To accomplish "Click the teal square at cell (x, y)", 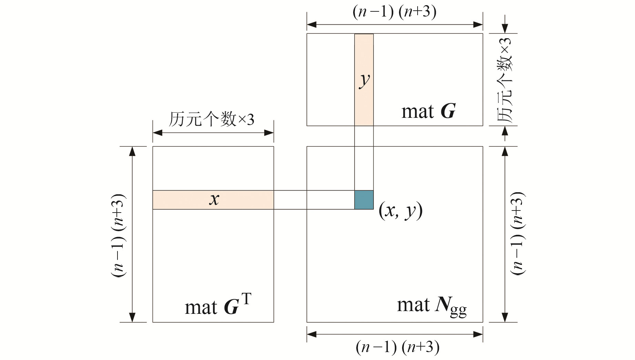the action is pos(364,200).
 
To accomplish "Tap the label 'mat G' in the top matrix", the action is pos(428,112).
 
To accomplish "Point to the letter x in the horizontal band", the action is pos(214,199).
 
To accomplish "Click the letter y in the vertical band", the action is pos(364,80).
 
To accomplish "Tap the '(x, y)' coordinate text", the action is pos(400,210).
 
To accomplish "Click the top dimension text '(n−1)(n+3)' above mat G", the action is pos(395,12).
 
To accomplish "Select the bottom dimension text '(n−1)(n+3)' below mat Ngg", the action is pos(397,347).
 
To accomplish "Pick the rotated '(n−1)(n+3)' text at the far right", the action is pos(518,233).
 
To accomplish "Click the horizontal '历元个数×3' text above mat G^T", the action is pos(211,119).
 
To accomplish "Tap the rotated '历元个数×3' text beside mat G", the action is pos(505,80).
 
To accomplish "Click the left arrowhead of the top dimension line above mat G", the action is pos(311,24).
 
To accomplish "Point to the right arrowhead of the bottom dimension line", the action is pos(478,334).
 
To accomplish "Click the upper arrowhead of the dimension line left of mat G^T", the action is pos(132,151).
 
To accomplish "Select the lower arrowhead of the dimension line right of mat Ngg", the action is pos(505,317).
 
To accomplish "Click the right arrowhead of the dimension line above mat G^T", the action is pos(269,133).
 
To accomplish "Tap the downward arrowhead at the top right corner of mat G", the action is pos(505,29).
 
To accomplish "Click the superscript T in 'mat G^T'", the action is pos(246,298).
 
